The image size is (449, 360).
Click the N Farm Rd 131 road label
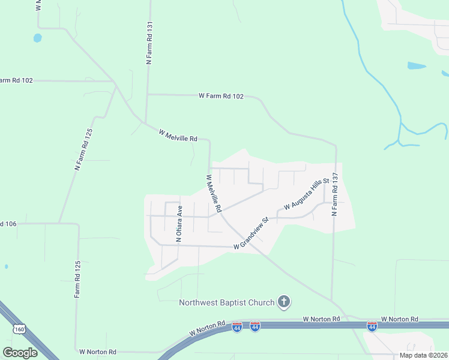[x=150, y=44]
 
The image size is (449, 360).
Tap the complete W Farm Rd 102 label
[x=221, y=96]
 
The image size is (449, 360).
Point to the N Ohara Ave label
[x=179, y=224]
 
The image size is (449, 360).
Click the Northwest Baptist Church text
[x=226, y=302]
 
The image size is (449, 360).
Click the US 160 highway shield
[x=19, y=329]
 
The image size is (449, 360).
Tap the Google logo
[x=20, y=353]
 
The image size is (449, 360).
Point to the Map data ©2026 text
[x=423, y=355]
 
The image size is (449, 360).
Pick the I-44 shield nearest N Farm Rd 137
[x=372, y=326]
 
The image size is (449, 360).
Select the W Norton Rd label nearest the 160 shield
[x=97, y=352]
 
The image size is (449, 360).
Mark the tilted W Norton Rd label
[x=206, y=328]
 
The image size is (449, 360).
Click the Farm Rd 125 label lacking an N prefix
[x=77, y=280]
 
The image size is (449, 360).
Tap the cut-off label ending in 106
[x=8, y=224]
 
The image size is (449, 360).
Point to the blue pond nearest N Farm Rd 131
[x=38, y=38]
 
